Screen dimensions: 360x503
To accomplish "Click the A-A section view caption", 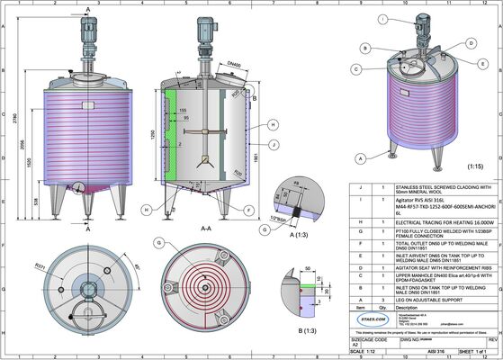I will click(x=206, y=229).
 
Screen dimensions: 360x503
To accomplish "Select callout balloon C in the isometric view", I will click(x=356, y=68).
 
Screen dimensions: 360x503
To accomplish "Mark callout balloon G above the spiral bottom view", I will click(x=158, y=243).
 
